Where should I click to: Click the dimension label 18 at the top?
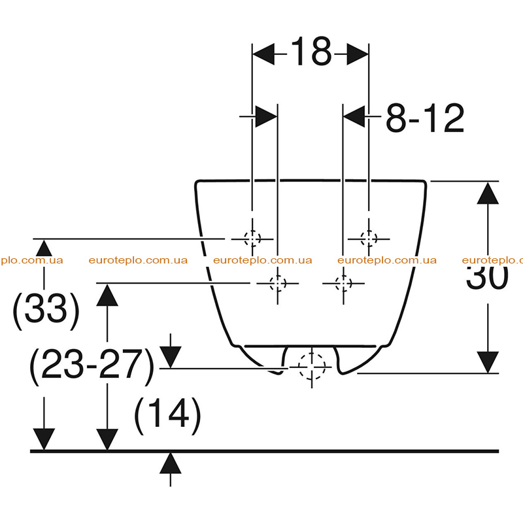click(311, 52)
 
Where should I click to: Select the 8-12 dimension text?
click(424, 118)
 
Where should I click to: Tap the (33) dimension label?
click(46, 312)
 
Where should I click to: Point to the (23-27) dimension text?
click(92, 367)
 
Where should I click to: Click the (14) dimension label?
click(167, 416)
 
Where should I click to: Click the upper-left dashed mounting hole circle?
click(252, 239)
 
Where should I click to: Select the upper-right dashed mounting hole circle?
click(369, 239)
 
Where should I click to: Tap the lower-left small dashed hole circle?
click(277, 284)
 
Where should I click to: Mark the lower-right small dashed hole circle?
click(343, 284)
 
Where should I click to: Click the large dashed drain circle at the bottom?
click(312, 367)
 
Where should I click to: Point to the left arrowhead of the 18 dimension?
click(263, 54)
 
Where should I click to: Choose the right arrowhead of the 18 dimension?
click(358, 54)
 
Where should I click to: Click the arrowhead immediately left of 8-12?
click(354, 116)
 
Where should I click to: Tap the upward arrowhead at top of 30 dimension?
click(488, 193)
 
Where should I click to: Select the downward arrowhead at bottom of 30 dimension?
click(488, 362)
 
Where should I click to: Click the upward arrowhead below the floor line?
click(171, 463)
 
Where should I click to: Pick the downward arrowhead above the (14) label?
click(171, 357)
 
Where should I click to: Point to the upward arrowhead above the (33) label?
click(44, 248)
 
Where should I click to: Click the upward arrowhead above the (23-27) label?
click(107, 295)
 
